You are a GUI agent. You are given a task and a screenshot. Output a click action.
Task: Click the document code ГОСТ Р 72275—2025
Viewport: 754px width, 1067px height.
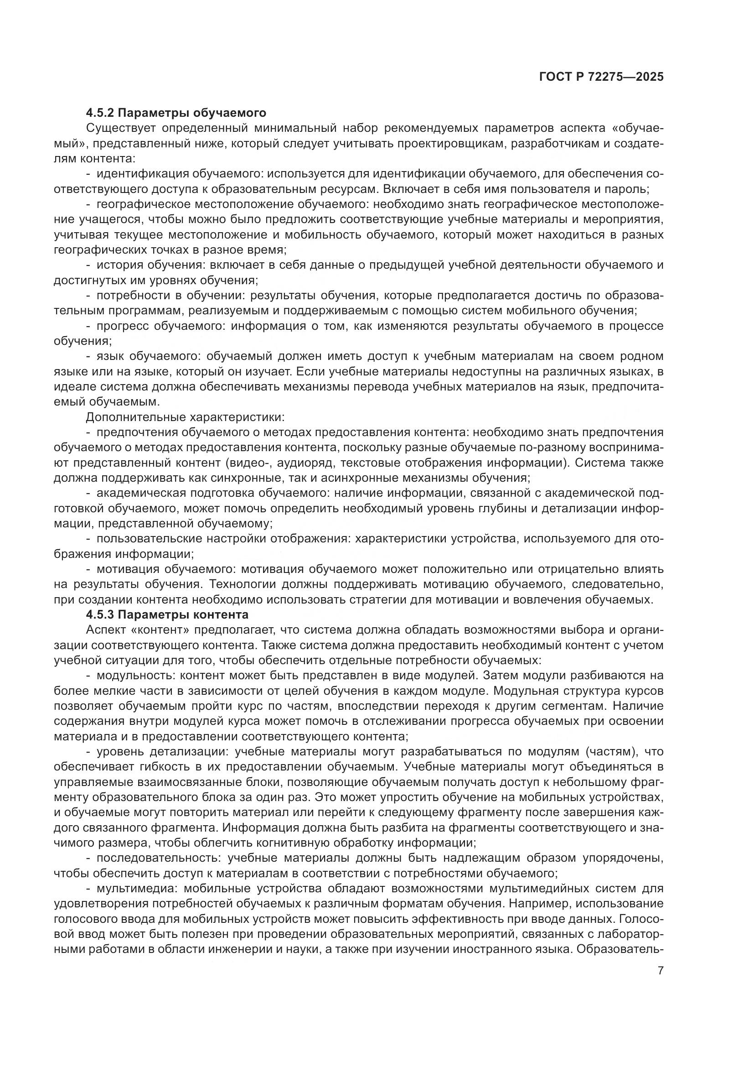click(601, 77)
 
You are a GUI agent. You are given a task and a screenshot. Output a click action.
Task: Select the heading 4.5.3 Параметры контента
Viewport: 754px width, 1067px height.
click(167, 614)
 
